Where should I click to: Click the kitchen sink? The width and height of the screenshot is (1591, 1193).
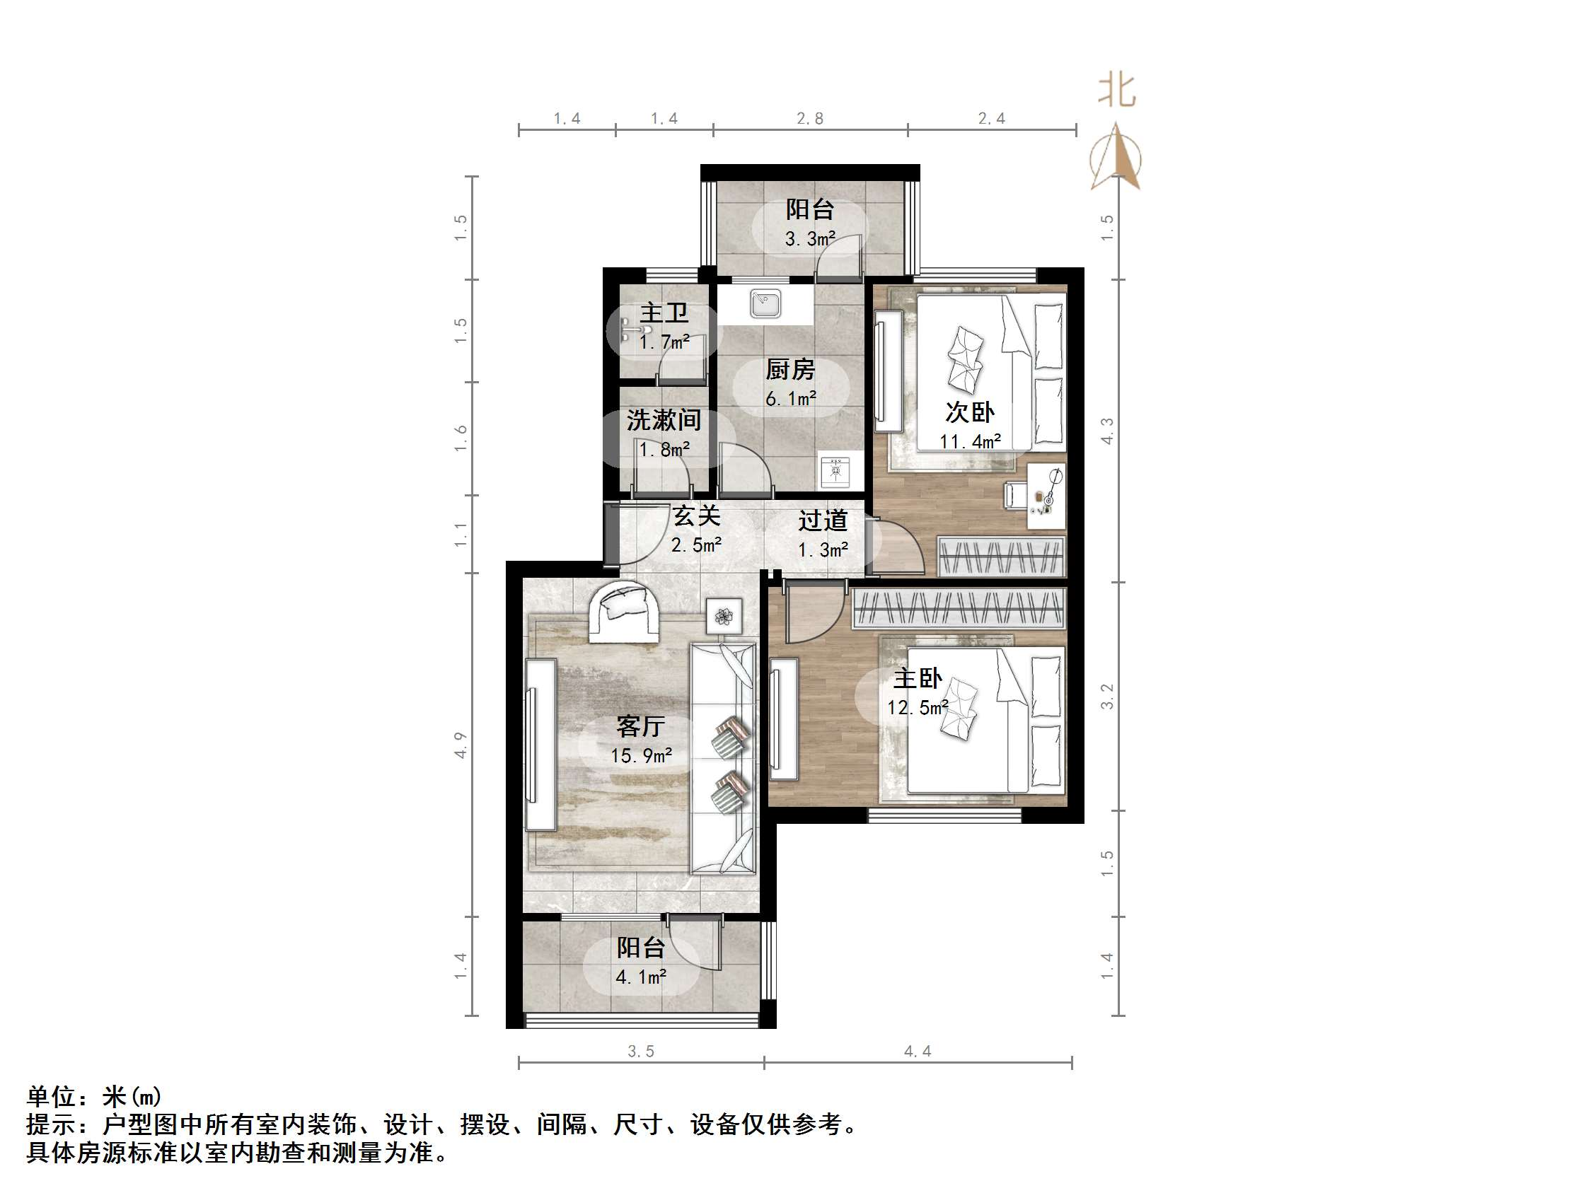pos(765,303)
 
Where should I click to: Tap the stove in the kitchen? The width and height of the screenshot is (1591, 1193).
pos(834,471)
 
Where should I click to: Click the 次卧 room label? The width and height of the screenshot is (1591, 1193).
pos(970,412)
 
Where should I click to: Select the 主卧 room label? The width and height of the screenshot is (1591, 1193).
pos(918,678)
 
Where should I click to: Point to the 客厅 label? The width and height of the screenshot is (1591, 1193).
pos(640,726)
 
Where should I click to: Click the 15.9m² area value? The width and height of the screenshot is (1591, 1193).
pos(642,756)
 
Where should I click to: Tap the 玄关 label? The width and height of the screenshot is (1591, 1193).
pos(696,516)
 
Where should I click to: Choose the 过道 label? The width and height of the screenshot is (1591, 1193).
pos(823,520)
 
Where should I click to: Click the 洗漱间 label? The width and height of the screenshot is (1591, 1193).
pos(663,420)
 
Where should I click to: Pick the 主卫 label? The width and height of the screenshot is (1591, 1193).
pos(664,313)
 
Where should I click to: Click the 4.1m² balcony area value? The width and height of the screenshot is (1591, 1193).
pos(641,977)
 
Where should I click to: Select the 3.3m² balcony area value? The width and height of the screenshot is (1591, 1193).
pos(810,239)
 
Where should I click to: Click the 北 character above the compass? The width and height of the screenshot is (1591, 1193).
pos(1116,91)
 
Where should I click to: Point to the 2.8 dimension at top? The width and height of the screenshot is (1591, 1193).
pos(810,119)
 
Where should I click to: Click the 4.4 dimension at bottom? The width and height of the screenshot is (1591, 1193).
pos(918,1052)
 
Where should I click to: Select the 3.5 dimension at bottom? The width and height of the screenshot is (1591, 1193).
pos(641,1052)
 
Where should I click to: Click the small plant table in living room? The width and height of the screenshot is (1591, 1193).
pos(724,616)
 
